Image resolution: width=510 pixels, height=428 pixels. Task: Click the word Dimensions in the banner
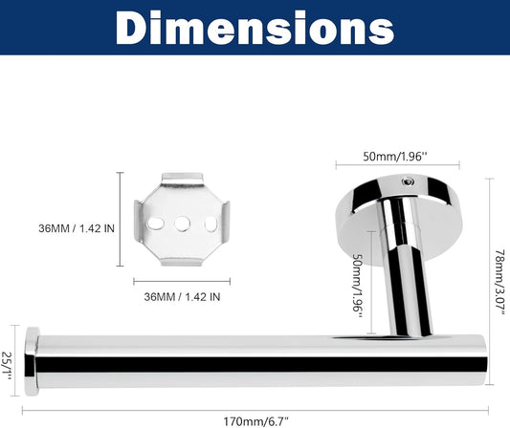click(x=255, y=28)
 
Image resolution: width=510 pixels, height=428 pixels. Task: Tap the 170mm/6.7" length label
click(x=256, y=421)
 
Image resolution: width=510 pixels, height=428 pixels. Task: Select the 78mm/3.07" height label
click(x=500, y=282)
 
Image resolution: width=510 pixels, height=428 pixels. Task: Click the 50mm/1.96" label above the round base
click(x=394, y=157)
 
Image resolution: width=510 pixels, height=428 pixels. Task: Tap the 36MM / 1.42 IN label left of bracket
click(x=77, y=228)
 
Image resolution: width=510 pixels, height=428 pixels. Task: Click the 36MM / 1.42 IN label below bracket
click(x=182, y=296)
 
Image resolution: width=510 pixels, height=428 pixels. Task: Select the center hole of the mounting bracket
click(x=182, y=224)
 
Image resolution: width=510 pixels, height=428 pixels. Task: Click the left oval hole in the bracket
click(x=156, y=224)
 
